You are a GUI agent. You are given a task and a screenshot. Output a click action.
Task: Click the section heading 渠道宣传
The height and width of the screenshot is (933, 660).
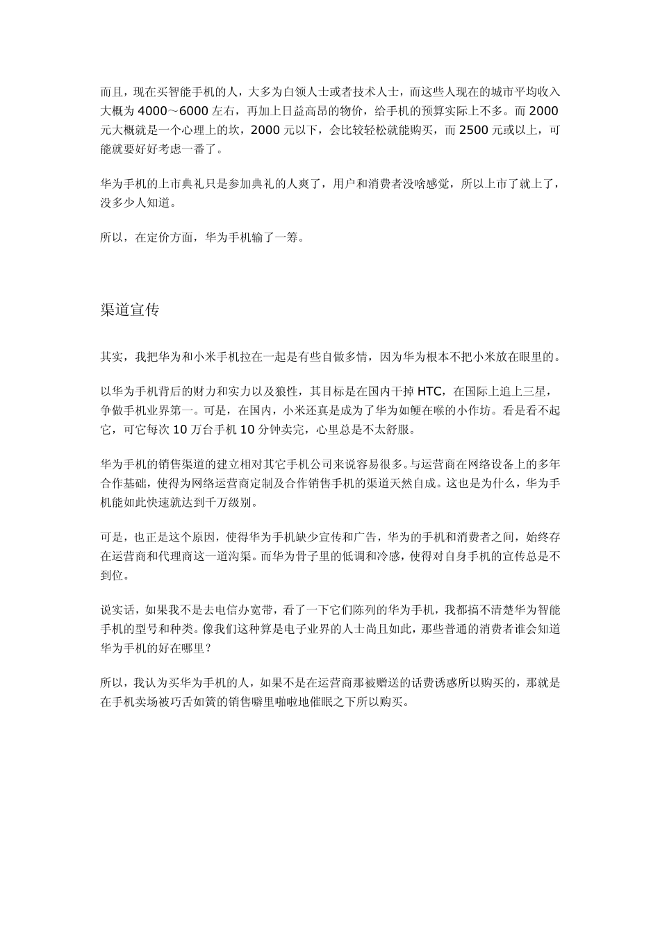coord(130,310)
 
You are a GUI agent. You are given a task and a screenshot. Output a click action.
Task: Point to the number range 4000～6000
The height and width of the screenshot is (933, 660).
coord(174,111)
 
